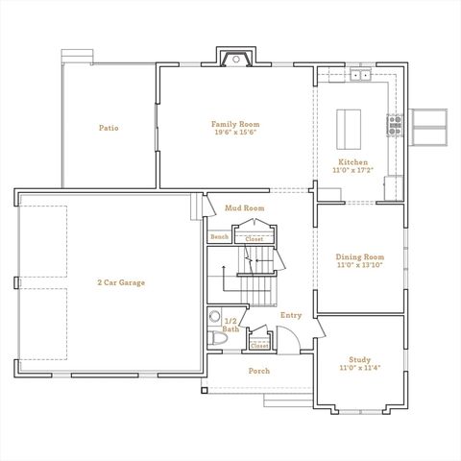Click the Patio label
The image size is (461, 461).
tap(109, 127)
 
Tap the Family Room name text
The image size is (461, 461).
tap(235, 123)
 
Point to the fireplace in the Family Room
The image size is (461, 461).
tap(233, 60)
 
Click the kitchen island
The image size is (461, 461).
tap(347, 126)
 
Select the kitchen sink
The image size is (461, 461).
tap(360, 74)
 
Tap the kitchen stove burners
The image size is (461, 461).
tap(394, 122)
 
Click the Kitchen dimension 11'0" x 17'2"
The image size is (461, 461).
tap(352, 170)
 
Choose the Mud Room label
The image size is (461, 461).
tap(244, 207)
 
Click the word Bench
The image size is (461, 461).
tap(220, 236)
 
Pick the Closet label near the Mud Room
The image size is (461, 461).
tap(254, 238)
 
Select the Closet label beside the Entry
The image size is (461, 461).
tap(259, 346)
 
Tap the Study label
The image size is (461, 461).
tap(360, 358)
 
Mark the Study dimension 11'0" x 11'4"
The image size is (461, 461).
tap(360, 368)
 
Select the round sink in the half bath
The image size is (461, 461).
tap(216, 316)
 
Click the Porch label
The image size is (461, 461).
tap(258, 371)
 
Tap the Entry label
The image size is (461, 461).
tap(290, 315)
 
